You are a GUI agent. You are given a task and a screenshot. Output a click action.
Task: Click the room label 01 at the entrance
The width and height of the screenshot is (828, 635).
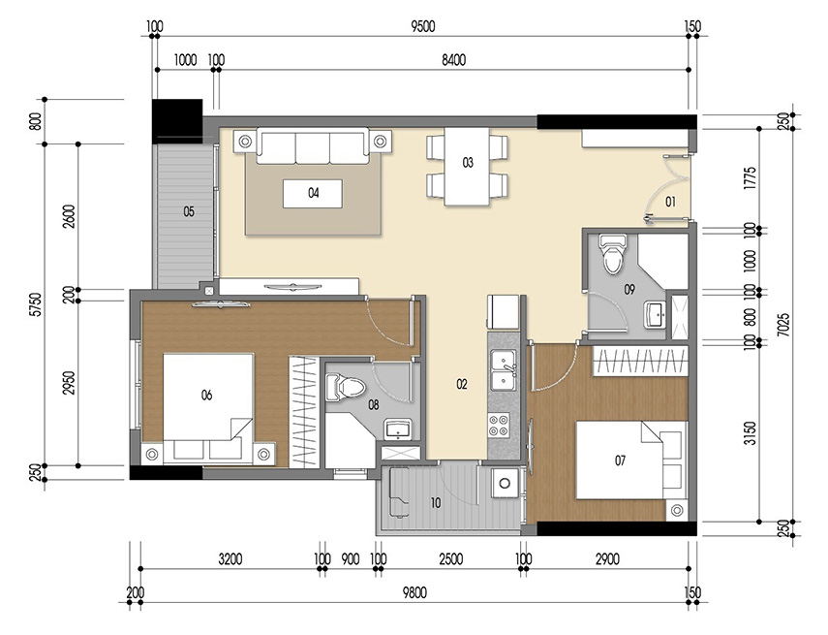pyautogui.click(x=669, y=202)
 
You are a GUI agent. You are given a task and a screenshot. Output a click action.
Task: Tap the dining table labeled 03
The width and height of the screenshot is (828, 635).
pyautogui.click(x=468, y=170)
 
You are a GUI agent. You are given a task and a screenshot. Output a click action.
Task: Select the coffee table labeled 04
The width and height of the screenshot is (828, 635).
pyautogui.click(x=313, y=193)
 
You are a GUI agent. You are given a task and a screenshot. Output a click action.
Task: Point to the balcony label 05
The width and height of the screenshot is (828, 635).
pyautogui.click(x=189, y=210)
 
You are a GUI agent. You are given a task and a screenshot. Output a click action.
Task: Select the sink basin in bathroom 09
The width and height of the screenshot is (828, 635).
pyautogui.click(x=656, y=313)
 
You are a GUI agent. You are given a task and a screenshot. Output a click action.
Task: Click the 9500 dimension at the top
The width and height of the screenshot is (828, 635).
pyautogui.click(x=418, y=26)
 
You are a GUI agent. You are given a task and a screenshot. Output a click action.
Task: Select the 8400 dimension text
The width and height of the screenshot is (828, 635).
pyautogui.click(x=453, y=60)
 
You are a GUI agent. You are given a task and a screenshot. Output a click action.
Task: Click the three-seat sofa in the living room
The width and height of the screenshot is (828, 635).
pyautogui.click(x=313, y=147)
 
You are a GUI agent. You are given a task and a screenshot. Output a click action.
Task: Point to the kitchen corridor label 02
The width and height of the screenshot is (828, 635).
pyautogui.click(x=462, y=385)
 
